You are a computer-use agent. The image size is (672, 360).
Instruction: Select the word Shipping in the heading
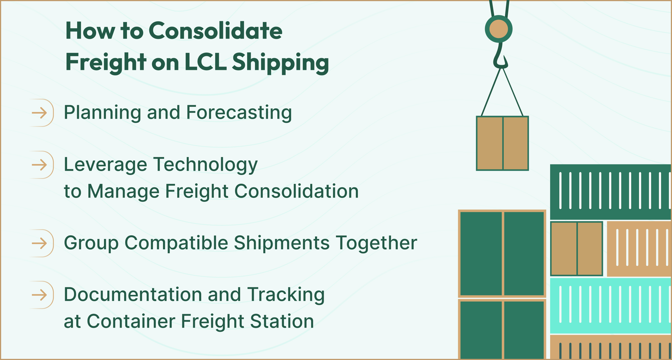[280, 63]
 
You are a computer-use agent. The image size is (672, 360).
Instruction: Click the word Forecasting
[239, 113]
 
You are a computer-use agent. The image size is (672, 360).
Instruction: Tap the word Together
[376, 243]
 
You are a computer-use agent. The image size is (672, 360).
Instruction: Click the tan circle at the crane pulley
[499, 29]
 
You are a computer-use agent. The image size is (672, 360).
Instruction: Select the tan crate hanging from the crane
[502, 143]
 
